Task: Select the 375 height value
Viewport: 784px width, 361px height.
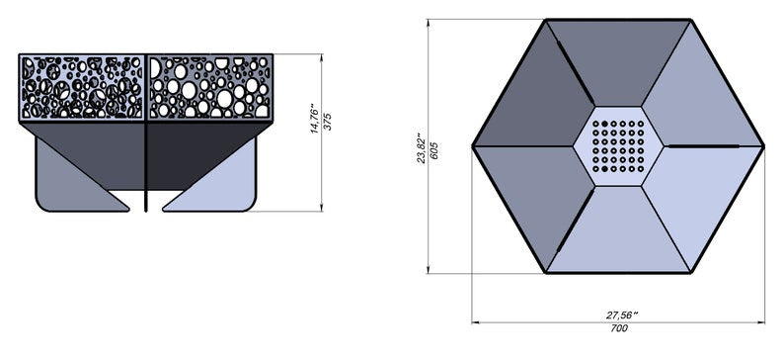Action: tap(328, 121)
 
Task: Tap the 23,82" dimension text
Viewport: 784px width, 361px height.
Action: tap(420, 147)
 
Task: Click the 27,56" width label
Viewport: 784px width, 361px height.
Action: tap(621, 314)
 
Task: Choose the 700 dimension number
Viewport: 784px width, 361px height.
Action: tap(619, 328)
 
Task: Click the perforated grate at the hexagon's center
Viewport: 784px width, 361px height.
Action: tap(619, 146)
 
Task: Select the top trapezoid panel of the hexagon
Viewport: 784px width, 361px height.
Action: tap(618, 59)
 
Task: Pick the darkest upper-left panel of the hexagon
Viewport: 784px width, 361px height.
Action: tap(533, 99)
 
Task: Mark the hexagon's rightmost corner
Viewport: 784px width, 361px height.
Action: tap(763, 146)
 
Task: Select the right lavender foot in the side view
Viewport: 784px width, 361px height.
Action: tap(222, 183)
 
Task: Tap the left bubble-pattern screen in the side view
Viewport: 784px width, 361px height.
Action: tap(82, 87)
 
